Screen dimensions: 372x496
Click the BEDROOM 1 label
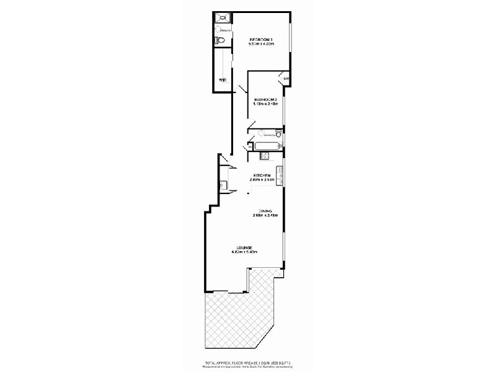coord(261,40)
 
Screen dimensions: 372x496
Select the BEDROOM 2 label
coord(265,99)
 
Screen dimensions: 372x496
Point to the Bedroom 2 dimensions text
coord(265,104)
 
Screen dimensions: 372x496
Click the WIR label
coord(222,79)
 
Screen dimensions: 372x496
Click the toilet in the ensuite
coord(219,41)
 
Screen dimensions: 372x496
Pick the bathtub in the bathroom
coord(267,147)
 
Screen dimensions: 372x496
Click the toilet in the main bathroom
coord(278,134)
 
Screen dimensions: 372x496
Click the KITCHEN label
coord(260,175)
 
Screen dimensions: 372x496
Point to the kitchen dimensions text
coord(260,180)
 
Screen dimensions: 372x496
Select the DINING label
coord(265,211)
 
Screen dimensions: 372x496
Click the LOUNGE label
coord(244,247)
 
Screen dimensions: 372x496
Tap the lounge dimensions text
coord(244,252)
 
